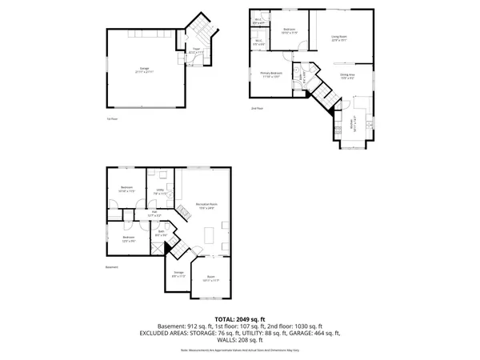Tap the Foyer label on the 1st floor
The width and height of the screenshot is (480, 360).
click(x=194, y=50)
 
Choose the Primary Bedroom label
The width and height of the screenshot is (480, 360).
click(x=270, y=74)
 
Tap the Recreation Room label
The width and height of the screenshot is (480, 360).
click(x=206, y=206)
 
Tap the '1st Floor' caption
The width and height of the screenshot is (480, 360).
click(x=112, y=119)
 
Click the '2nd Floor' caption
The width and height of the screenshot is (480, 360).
click(x=256, y=108)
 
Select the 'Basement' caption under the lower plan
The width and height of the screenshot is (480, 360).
click(x=111, y=267)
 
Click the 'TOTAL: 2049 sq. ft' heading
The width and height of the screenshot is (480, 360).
click(x=239, y=318)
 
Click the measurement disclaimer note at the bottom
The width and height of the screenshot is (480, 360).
click(x=239, y=350)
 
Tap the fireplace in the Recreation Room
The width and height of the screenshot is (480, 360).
click(x=182, y=210)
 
